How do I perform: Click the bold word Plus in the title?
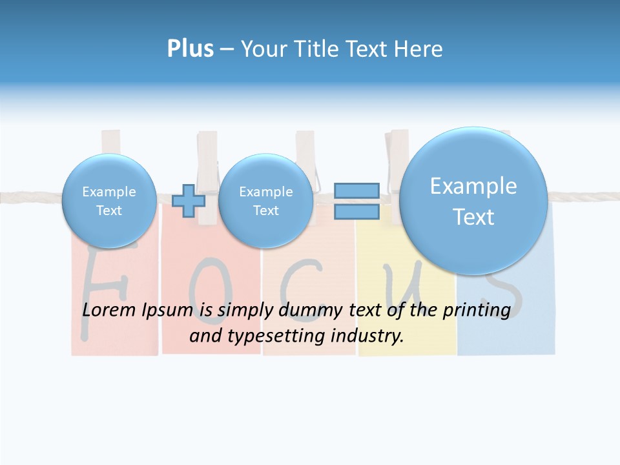[x=190, y=49]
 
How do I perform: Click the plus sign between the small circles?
[x=189, y=200]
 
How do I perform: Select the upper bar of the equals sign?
[x=356, y=191]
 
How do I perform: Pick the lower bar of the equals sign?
[x=356, y=211]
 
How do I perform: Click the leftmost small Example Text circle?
[x=109, y=201]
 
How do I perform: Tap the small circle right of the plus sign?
[x=265, y=201]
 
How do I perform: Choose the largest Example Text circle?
[x=473, y=201]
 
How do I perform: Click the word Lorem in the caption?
[x=107, y=310]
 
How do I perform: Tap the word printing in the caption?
[x=476, y=311]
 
